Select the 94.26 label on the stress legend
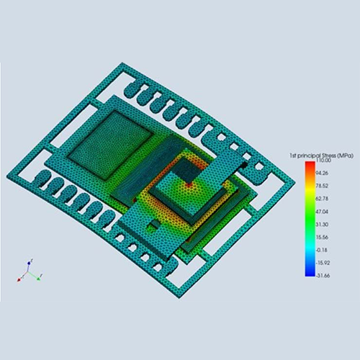click(x=322, y=173)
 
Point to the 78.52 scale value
click(x=322, y=186)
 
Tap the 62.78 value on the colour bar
click(x=322, y=199)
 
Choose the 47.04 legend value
click(x=322, y=212)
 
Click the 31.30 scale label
click(x=322, y=225)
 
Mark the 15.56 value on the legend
click(x=322, y=238)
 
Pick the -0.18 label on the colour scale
click(x=322, y=250)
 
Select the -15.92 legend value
click(x=323, y=263)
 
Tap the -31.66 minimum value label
click(x=323, y=276)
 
